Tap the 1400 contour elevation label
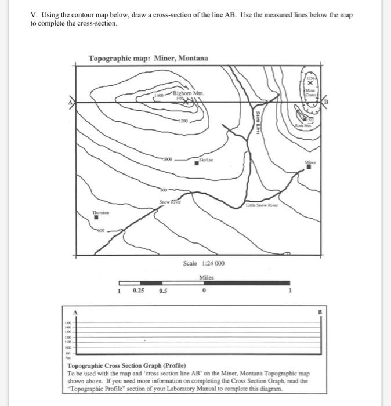pyautogui.click(x=159, y=95)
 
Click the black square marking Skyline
pyautogui.click(x=197, y=164)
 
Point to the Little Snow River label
pyautogui.click(x=262, y=205)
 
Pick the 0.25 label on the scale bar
pyautogui.click(x=139, y=291)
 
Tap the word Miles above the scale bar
pyautogui.click(x=207, y=277)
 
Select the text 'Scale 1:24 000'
pyautogui.click(x=204, y=263)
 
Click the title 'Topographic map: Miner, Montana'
pyautogui.click(x=147, y=59)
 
